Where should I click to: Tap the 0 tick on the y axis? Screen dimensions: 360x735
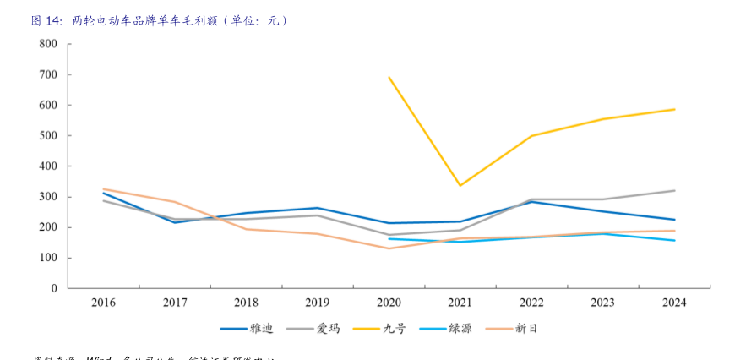pos(54,288)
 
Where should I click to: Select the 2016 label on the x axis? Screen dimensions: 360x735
pos(104,303)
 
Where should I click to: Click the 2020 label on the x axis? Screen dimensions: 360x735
pos(389,303)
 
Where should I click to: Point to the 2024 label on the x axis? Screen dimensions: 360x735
pos(674,303)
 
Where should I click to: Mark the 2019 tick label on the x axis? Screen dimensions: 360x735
pos(318,303)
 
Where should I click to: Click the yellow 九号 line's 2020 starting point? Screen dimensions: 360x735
pos(389,78)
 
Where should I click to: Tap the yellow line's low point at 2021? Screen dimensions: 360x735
pos(460,186)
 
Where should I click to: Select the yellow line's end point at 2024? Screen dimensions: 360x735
pos(674,109)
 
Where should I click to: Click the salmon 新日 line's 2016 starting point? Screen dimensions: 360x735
pos(104,189)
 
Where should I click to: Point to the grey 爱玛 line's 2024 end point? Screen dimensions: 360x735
pos(674,190)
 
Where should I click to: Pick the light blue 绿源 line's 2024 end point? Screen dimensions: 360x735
pos(674,240)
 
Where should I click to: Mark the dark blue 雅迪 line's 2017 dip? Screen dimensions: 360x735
pos(175,222)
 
